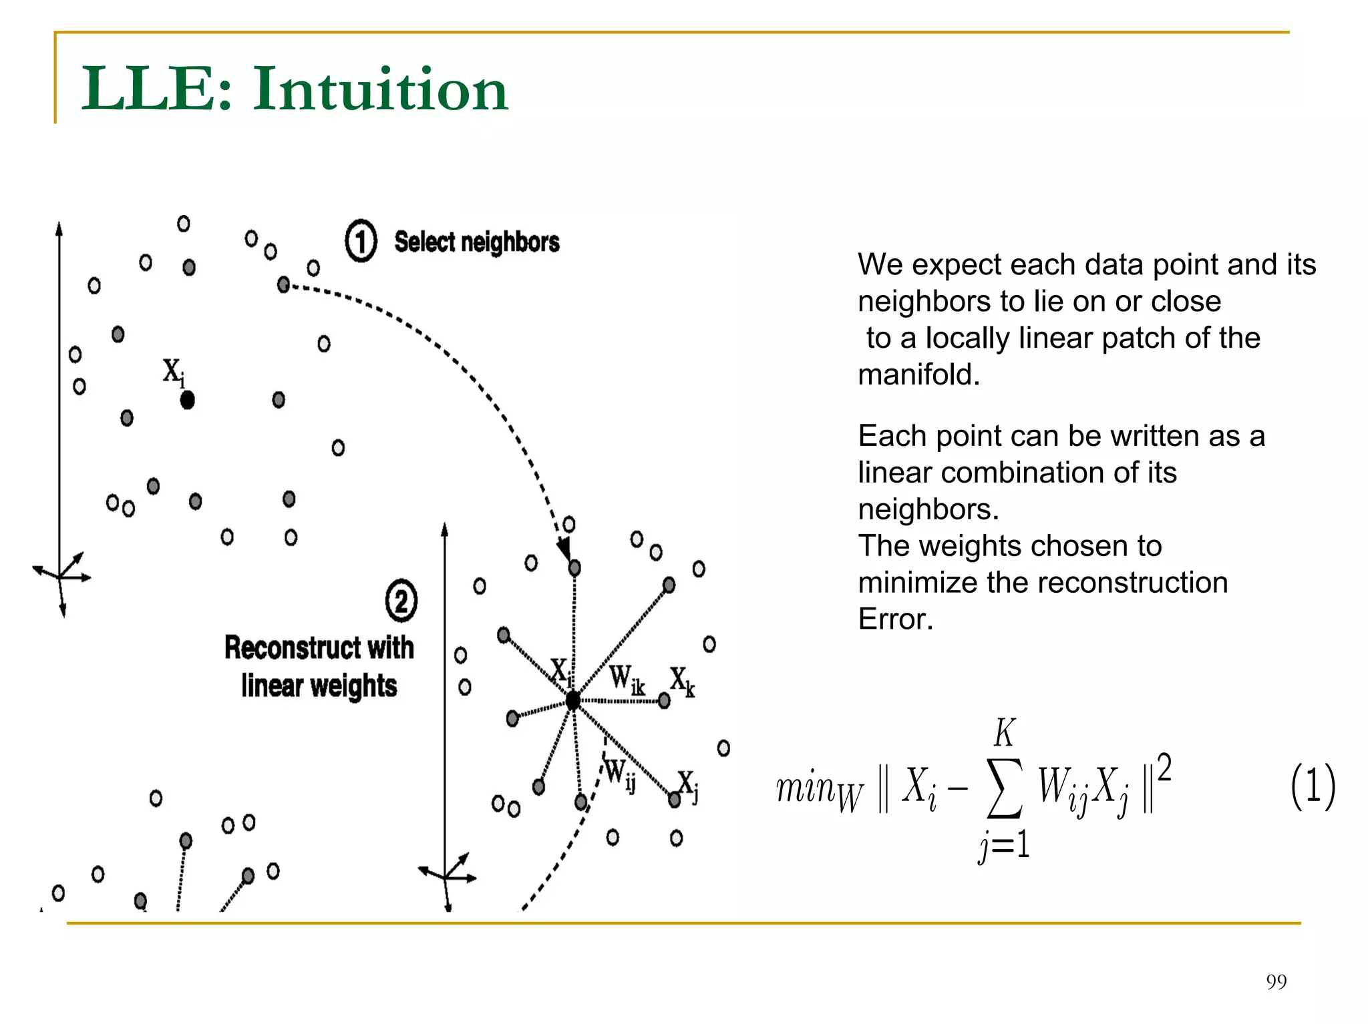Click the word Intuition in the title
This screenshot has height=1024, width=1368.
point(380,89)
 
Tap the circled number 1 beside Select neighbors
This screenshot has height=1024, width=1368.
point(361,241)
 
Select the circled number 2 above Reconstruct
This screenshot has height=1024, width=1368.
point(401,601)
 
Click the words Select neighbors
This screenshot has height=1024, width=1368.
point(476,242)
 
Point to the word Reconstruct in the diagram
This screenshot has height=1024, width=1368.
point(295,648)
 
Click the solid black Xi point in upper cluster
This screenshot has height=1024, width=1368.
point(188,400)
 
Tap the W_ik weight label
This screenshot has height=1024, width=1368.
point(627,680)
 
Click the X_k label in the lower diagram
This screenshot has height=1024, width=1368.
point(683,682)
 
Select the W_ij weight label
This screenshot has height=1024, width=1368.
point(620,776)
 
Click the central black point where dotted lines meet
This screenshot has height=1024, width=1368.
point(573,700)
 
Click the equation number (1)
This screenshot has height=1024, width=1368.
point(1313,786)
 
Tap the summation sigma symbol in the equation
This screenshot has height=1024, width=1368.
point(1005,788)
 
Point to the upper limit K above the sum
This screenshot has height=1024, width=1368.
point(1005,733)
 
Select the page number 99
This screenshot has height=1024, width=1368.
point(1276,981)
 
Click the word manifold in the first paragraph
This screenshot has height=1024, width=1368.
point(918,374)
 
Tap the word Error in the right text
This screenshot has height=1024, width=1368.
point(895,619)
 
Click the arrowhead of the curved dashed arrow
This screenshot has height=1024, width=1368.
point(565,551)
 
